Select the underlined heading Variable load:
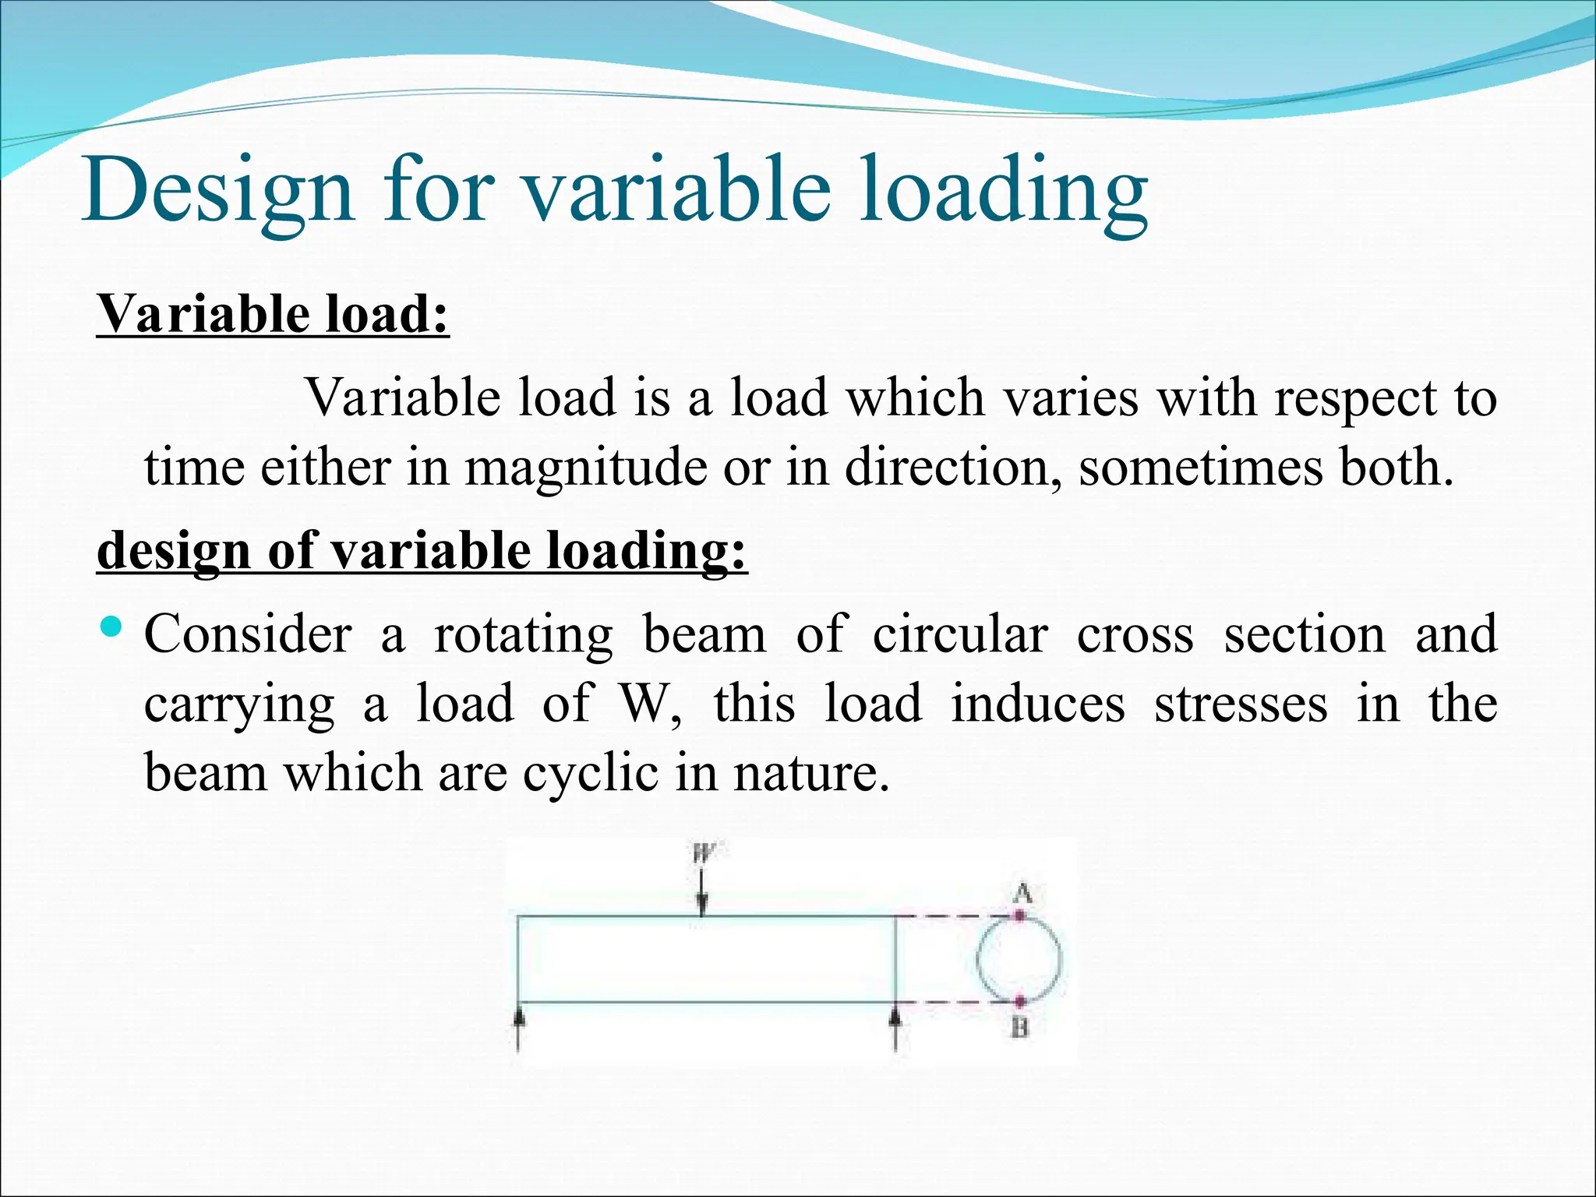pos(273,314)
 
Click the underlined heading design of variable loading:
pos(422,550)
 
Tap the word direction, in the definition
pos(953,468)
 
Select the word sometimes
pos(1201,468)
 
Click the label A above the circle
pos(1022,893)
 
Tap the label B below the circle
pos(1020,1029)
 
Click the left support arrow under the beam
pos(519,1027)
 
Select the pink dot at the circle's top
pos(1019,916)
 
